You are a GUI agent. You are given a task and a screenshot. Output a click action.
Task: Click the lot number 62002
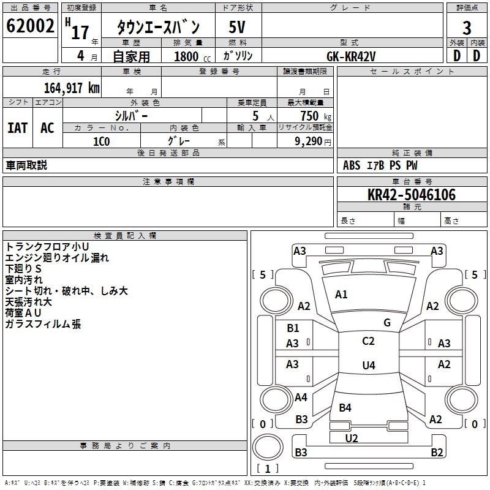coord(30,26)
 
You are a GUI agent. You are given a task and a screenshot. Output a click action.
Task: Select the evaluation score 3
coord(467,28)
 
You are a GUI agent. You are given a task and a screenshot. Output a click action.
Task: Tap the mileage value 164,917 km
coord(72,88)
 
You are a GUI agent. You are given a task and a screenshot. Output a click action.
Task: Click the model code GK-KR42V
coord(351,56)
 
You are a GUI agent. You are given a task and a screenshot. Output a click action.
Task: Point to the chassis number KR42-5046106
coord(412,195)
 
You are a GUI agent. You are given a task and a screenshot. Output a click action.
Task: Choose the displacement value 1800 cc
coord(192,56)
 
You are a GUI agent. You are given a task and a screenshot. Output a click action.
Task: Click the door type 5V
coord(237,27)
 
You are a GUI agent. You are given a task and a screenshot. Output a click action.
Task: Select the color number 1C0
coord(102,141)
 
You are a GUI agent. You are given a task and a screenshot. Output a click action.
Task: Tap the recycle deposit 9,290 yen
coord(313,141)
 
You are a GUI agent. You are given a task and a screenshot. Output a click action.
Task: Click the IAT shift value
coord(18,128)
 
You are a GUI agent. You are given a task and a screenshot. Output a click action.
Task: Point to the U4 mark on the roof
coord(369,365)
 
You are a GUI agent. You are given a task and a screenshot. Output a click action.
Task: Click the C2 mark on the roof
coord(368,341)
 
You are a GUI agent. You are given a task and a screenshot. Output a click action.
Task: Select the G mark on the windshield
coord(387,323)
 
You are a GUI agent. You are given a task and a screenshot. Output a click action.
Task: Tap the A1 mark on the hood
coord(341,295)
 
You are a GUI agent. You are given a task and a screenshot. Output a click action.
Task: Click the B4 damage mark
coord(345,407)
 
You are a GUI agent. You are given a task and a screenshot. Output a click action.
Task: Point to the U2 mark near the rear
coord(352,438)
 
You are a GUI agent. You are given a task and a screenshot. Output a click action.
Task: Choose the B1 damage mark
coord(293,328)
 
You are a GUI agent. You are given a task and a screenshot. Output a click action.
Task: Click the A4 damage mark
coord(301,398)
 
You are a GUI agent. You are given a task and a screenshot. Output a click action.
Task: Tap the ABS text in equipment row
coord(352,165)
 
